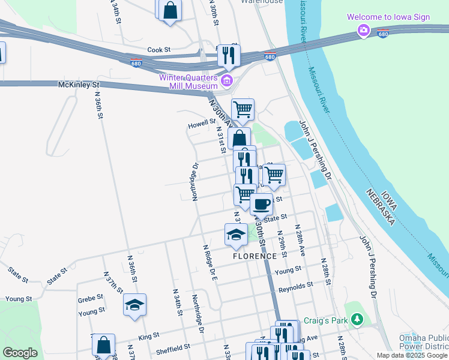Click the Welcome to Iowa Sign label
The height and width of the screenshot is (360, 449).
(x=388, y=17)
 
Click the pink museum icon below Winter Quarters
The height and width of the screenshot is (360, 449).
(x=226, y=81)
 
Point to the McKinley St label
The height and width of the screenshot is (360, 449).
(x=78, y=85)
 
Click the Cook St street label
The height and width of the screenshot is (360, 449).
(x=159, y=50)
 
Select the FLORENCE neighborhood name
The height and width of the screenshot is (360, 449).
(x=255, y=256)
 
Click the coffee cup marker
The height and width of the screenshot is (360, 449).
(x=261, y=203)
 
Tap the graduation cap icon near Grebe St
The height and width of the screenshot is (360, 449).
(x=135, y=304)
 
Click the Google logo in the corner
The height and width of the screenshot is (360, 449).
(x=20, y=353)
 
